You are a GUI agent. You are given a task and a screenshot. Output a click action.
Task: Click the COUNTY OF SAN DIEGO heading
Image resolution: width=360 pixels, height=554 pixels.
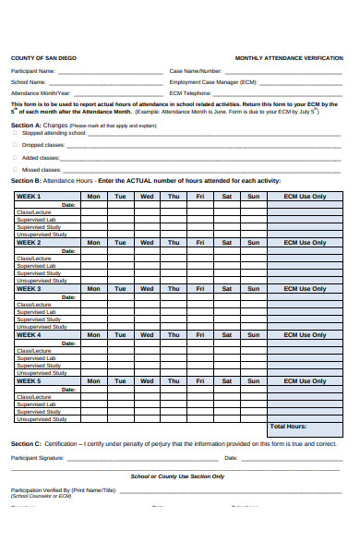click(x=43, y=57)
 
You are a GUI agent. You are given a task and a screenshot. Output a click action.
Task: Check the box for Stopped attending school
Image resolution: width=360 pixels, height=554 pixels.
click(x=15, y=133)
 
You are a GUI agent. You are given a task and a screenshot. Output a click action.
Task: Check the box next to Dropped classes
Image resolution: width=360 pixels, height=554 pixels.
click(x=15, y=145)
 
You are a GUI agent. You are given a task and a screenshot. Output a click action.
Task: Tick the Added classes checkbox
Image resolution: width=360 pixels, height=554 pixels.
click(x=15, y=158)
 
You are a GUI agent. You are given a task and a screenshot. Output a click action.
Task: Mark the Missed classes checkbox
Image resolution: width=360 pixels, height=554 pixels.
click(x=15, y=170)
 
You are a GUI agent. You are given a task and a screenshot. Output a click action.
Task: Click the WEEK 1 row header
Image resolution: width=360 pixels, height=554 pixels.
click(x=30, y=197)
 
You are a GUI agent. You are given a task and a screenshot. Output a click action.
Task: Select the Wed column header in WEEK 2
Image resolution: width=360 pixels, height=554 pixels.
click(x=147, y=243)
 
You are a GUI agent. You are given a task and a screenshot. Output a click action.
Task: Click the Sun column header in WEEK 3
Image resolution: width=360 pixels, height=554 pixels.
click(x=253, y=289)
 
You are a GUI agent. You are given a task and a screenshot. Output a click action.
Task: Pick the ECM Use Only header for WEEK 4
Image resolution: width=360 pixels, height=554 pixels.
click(x=305, y=335)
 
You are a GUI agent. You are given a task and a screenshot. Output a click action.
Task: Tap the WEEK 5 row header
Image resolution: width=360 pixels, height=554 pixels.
click(x=30, y=380)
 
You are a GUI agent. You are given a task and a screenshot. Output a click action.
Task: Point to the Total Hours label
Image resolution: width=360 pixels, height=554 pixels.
click(x=289, y=427)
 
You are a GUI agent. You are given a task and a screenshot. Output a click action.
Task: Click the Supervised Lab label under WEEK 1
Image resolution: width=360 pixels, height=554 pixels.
click(x=37, y=220)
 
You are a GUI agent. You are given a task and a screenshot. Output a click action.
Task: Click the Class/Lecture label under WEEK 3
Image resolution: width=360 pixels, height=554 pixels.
click(x=34, y=305)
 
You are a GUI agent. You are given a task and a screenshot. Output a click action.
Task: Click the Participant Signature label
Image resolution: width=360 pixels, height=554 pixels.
click(x=37, y=458)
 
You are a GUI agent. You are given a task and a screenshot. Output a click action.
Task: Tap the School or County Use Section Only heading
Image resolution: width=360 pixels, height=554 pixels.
click(x=177, y=476)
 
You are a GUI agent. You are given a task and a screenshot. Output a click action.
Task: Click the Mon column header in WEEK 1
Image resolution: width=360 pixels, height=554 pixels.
click(x=93, y=197)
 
